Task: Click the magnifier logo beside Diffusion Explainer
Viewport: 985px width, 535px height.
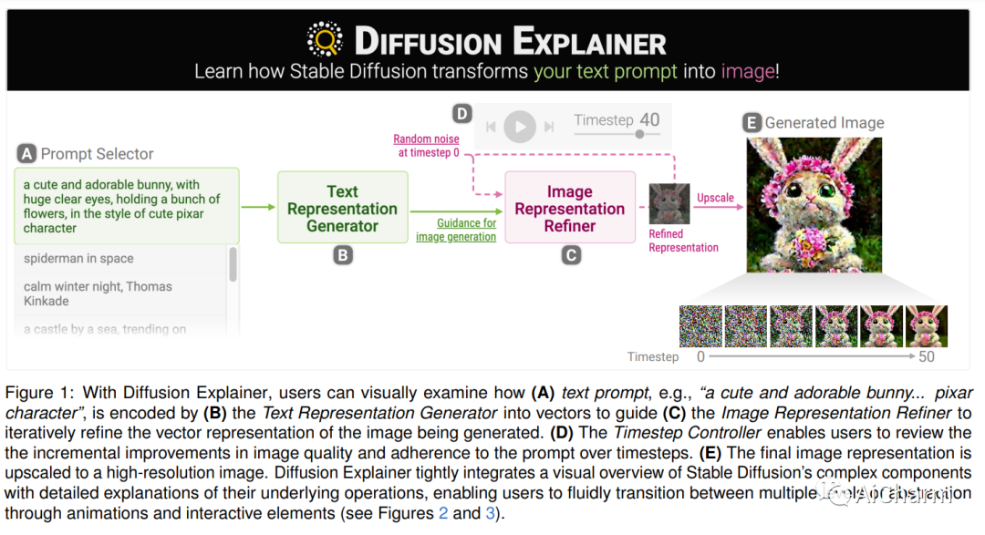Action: pos(324,40)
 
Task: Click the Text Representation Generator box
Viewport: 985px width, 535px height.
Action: pos(342,209)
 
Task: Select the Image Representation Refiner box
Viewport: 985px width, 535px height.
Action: pos(570,209)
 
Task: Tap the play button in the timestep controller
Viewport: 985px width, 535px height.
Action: pos(520,127)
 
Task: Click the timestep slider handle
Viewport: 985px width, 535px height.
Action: pos(639,134)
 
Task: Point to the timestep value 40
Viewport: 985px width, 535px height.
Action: pos(649,119)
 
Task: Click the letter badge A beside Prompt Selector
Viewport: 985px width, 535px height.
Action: pos(27,154)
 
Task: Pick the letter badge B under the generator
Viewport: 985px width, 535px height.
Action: pos(342,256)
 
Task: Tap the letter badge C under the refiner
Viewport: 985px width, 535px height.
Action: pos(571,256)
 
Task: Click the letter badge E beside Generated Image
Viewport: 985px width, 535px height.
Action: pos(752,122)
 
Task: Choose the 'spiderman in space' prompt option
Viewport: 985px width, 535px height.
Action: pos(78,259)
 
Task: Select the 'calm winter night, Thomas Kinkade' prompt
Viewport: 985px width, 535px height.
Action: pos(98,293)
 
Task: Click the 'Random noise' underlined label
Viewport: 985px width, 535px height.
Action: pos(426,139)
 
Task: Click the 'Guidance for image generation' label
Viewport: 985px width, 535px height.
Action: pos(456,230)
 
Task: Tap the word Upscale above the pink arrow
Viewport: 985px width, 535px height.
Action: pos(715,198)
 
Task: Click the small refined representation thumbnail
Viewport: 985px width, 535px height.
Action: pos(669,204)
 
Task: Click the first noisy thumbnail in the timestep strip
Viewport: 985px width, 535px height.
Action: pos(700,326)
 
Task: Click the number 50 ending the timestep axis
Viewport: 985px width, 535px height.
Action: pos(927,356)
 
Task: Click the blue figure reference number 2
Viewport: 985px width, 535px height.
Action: pos(443,512)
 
